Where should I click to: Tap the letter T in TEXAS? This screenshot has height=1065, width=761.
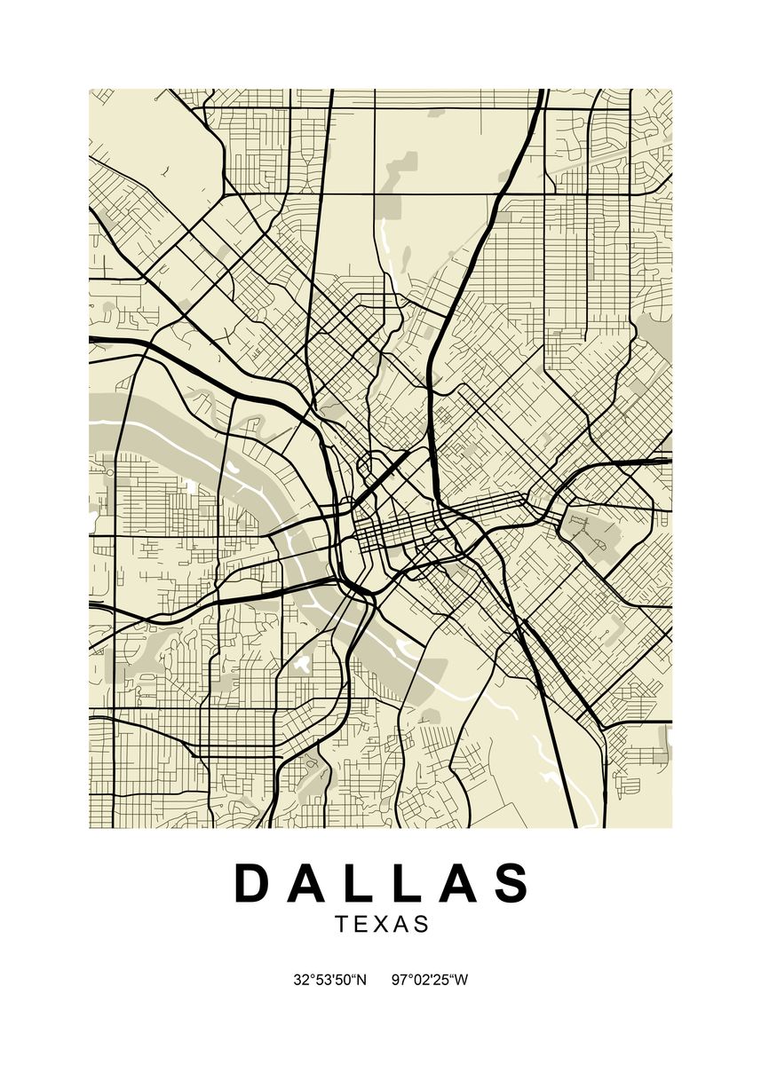pos(343,924)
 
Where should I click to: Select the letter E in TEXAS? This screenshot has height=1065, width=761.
pos(362,924)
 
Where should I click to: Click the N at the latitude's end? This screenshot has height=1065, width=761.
pos(360,980)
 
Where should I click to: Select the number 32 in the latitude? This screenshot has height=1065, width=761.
pos(300,980)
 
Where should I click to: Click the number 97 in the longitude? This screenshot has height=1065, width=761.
pos(398,980)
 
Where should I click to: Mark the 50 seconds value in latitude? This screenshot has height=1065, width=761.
pos(338,980)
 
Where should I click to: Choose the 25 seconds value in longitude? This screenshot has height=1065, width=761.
pos(437,980)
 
